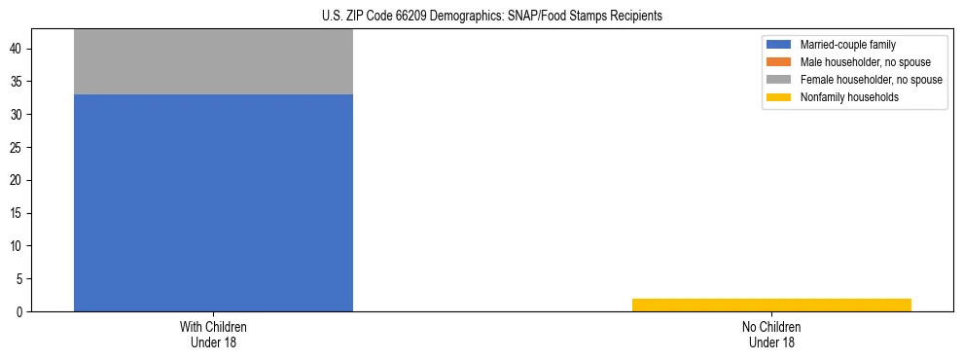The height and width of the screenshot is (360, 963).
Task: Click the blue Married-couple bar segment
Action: [213, 202]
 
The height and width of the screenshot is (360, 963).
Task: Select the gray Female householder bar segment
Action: [213, 61]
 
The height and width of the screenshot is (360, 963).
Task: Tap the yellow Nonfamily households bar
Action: [771, 305]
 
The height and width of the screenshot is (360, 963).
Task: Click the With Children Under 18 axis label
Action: [213, 334]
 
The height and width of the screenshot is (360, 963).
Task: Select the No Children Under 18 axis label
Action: [771, 334]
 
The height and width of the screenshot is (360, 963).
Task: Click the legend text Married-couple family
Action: [848, 45]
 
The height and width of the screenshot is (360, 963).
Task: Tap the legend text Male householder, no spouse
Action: [865, 62]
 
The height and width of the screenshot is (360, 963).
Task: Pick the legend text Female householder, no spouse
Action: [871, 80]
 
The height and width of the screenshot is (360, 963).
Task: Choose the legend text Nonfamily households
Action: [849, 97]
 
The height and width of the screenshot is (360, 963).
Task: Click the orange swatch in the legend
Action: [779, 62]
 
